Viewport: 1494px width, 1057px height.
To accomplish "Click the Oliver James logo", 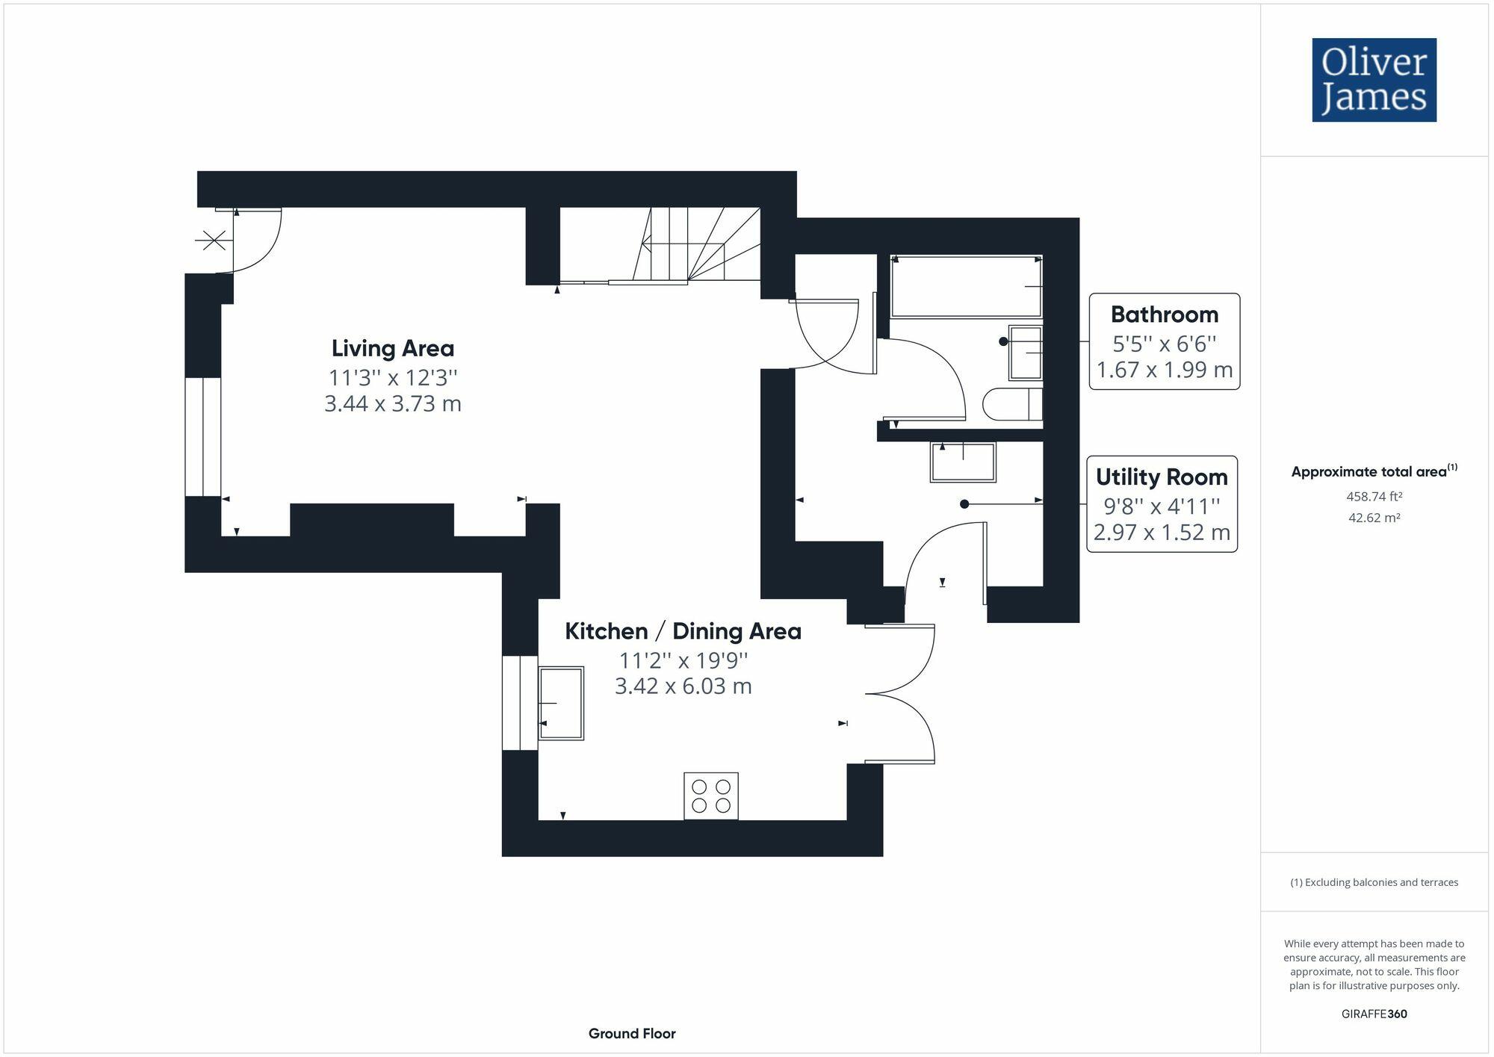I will tap(1374, 80).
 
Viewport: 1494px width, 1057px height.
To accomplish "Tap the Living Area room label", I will tap(393, 348).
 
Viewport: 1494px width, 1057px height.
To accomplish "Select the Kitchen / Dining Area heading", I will tap(683, 631).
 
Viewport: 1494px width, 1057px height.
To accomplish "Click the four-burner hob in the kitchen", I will tap(711, 796).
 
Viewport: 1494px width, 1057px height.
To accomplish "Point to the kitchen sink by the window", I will tap(561, 703).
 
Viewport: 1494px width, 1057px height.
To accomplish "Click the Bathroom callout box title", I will tap(1164, 314).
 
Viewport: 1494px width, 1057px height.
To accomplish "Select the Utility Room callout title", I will tap(1162, 477).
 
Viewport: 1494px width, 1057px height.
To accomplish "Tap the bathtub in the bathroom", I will tap(966, 286).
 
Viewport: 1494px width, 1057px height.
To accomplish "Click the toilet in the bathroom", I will tap(1012, 404).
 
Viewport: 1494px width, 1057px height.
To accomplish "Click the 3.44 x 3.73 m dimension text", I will tap(393, 404).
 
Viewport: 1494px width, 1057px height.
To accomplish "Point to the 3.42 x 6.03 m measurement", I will tap(683, 686).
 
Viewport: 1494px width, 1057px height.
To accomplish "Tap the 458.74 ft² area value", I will tap(1374, 496).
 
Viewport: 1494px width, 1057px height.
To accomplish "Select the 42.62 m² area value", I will tap(1374, 518).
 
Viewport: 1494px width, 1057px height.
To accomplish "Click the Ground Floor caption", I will tap(632, 1034).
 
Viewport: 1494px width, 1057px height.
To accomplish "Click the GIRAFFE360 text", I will tap(1374, 1014).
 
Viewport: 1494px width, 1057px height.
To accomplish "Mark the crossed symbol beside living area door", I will tap(214, 241).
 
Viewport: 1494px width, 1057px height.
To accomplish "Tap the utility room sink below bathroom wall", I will tap(963, 462).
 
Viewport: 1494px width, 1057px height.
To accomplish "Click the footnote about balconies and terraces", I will tap(1374, 882).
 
